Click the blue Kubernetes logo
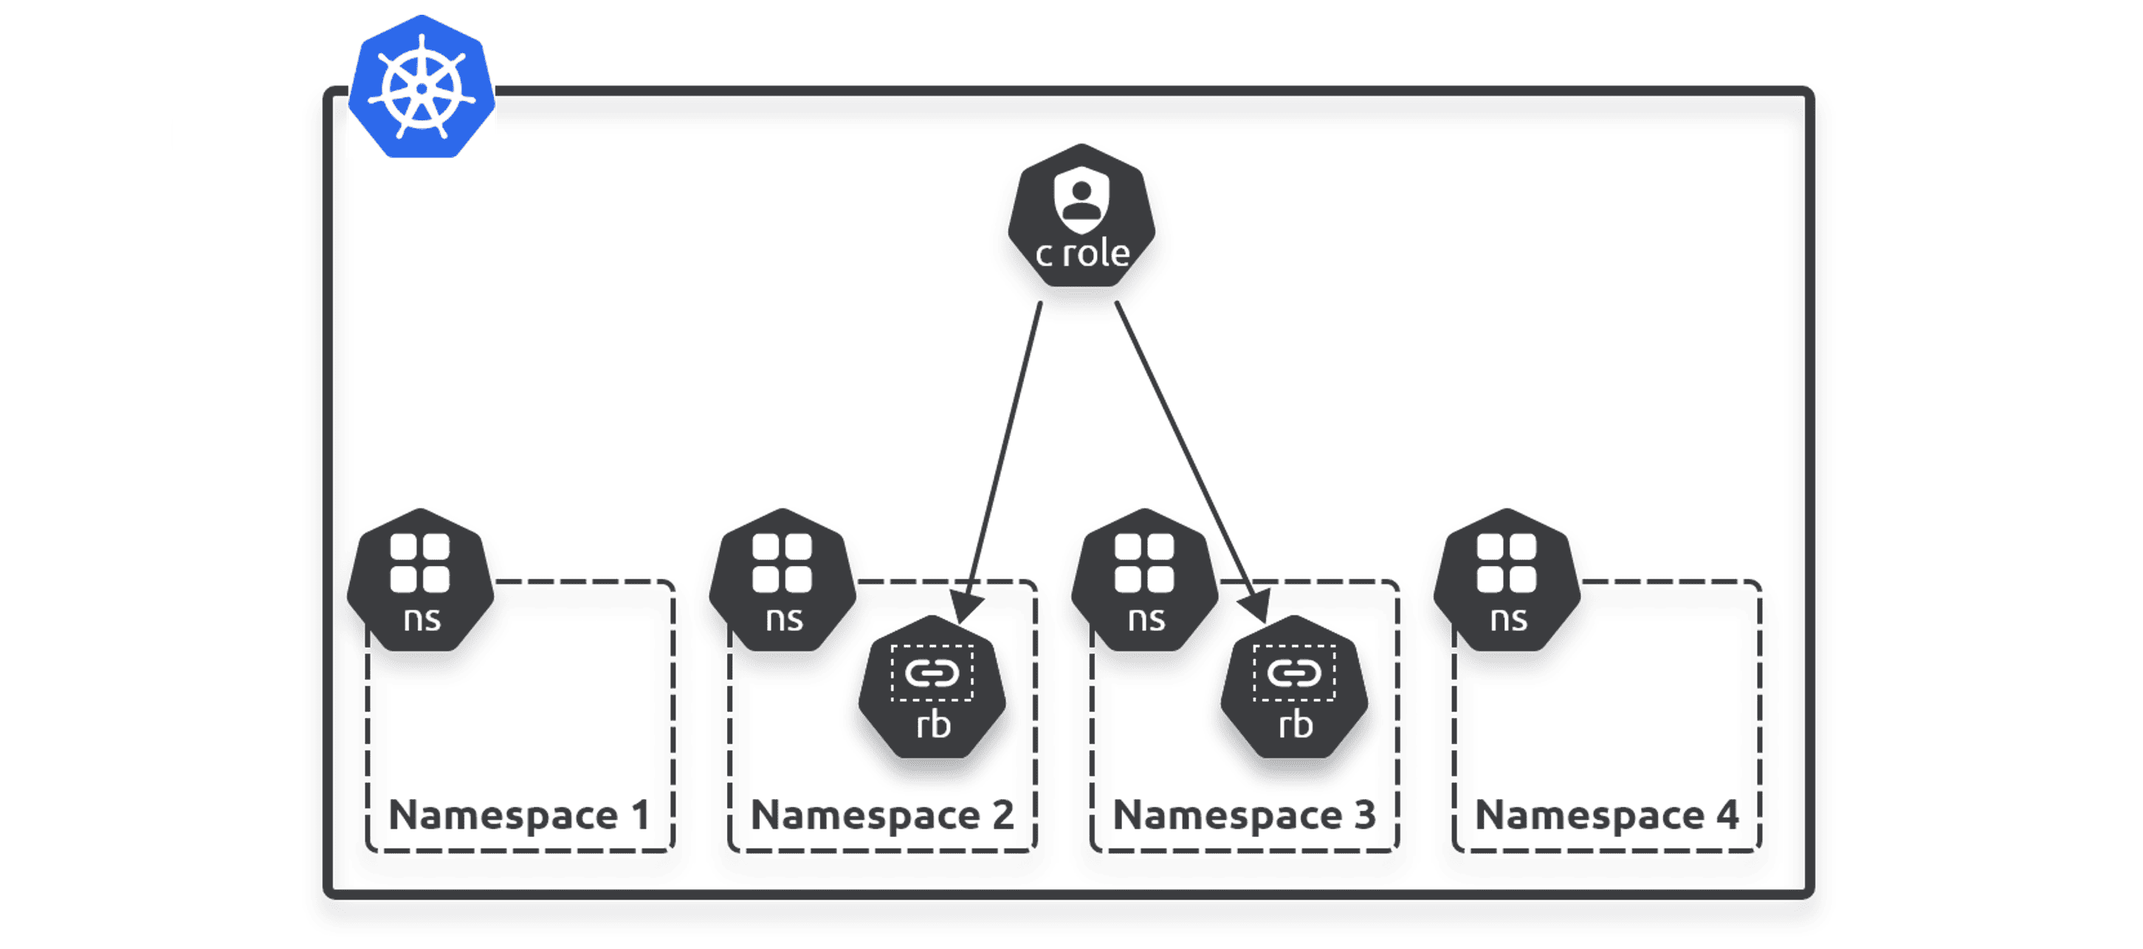pos(422,87)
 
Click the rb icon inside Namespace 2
pos(932,689)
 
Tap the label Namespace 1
pos(519,815)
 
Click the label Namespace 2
pos(882,815)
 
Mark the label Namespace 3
pos(1244,815)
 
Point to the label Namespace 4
pos(1606,815)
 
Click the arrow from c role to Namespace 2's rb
pos(1002,458)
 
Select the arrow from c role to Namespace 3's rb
pos(1190,458)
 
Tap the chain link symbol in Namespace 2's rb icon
pos(932,673)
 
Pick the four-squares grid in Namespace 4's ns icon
pos(1506,563)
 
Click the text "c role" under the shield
pos(1081,254)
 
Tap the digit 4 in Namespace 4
pos(1727,815)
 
